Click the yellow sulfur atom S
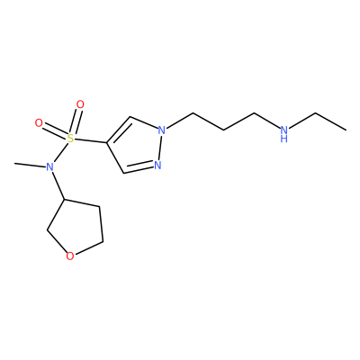[x=70, y=139]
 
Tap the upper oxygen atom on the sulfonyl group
[x=80, y=104]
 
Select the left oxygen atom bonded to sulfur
[x=39, y=123]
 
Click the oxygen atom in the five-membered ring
[x=70, y=256]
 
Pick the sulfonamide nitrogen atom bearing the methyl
[x=49, y=166]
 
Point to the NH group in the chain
[x=284, y=133]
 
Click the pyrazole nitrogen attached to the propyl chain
[x=162, y=130]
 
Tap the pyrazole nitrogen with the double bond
[x=157, y=165]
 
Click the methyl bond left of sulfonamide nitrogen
[x=30, y=165]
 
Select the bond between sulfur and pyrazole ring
[x=90, y=140]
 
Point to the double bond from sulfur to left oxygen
[x=55, y=131]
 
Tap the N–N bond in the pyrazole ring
[x=160, y=148]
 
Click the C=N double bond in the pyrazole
[x=139, y=168]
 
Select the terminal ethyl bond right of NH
[x=331, y=121]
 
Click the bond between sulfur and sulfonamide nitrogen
[x=60, y=152]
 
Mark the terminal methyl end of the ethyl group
[x=346, y=130]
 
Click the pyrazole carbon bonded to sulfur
[x=106, y=142]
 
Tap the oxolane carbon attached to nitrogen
[x=64, y=199]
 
